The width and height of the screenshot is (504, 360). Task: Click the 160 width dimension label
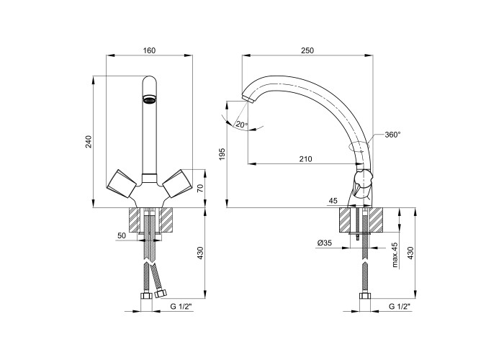[149, 50]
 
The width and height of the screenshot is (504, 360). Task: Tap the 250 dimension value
[307, 50]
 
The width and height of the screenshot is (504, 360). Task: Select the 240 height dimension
[89, 142]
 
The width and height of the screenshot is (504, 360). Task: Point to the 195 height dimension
[222, 155]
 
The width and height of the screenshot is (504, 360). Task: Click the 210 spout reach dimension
[306, 159]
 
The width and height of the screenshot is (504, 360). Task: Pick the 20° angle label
[242, 125]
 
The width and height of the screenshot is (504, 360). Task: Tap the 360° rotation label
[393, 135]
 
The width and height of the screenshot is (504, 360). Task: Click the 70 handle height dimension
[200, 188]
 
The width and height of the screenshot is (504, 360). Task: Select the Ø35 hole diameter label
[324, 243]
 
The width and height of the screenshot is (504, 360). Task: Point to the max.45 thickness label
[395, 255]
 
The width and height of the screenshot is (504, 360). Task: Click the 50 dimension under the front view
[122, 235]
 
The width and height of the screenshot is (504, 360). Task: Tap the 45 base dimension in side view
[333, 201]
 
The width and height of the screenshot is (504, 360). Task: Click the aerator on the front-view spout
[149, 99]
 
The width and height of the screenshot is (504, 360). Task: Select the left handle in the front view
[122, 183]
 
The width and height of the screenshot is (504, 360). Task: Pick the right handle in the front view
[177, 183]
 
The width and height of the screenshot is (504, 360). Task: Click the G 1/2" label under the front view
[181, 307]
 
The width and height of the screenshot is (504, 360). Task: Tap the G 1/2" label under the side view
[400, 307]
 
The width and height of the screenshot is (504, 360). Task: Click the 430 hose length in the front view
[200, 253]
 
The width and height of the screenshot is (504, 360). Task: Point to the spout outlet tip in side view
[248, 99]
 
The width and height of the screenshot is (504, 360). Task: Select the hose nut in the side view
[365, 296]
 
